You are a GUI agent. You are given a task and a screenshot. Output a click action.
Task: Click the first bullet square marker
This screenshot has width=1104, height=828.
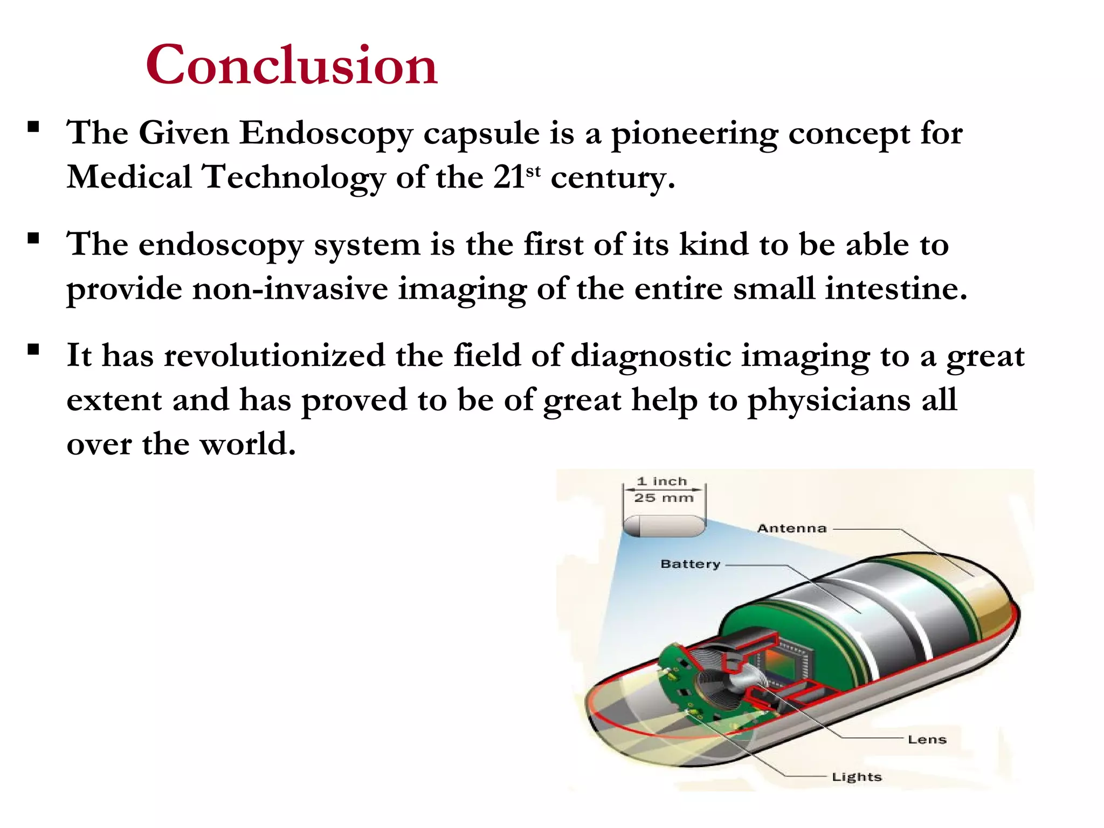point(33,128)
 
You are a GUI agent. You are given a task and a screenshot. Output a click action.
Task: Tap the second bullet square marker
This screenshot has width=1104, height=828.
point(33,239)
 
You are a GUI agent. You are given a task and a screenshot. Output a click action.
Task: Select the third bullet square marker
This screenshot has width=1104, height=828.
point(33,350)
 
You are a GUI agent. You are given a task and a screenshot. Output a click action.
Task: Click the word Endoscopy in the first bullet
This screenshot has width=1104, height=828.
point(326,134)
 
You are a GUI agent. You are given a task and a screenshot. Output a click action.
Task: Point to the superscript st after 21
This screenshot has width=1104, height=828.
point(533,171)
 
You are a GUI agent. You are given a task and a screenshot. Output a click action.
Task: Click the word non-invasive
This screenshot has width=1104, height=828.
point(290,289)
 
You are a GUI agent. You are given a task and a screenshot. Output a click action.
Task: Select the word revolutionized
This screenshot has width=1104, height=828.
point(274,356)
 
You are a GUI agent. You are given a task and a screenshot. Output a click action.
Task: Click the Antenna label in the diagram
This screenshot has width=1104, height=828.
point(791,528)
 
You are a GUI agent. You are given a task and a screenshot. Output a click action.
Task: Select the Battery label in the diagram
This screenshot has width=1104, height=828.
point(690,564)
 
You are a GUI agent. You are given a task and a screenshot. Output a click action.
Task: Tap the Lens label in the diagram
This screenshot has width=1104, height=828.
point(927,740)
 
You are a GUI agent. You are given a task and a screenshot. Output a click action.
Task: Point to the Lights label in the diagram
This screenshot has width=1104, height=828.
point(857,777)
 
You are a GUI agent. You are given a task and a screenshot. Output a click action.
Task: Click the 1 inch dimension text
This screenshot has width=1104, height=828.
point(662,481)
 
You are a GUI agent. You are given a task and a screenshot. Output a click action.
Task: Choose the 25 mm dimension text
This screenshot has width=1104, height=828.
point(664,498)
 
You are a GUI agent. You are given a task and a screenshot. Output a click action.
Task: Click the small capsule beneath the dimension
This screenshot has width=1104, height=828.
point(664,526)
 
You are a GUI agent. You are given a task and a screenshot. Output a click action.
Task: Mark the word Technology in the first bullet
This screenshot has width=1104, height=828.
point(293,178)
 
